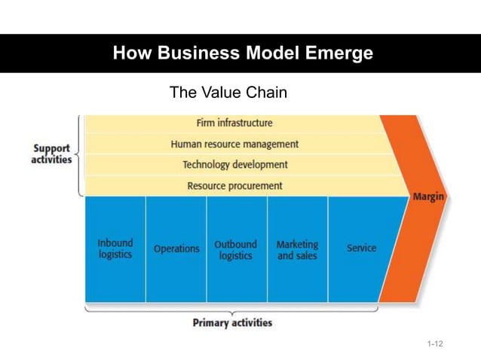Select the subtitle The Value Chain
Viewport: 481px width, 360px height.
tap(228, 93)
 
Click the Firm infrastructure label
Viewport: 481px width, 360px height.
tap(234, 123)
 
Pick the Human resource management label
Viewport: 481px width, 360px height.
tap(234, 144)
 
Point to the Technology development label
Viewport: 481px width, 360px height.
tap(234, 164)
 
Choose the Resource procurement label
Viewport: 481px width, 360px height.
tap(234, 185)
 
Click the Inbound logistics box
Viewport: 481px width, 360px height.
tap(115, 249)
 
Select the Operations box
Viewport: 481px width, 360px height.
tap(176, 249)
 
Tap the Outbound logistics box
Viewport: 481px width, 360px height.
tap(236, 249)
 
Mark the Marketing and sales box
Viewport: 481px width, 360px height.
tap(297, 249)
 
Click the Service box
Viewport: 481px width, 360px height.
tap(361, 248)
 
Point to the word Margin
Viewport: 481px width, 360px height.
tap(427, 197)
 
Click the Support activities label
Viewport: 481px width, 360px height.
tap(51, 154)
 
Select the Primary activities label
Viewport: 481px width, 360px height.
tap(232, 323)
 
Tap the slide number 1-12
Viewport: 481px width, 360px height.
tap(434, 344)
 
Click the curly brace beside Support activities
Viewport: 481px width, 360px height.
tap(79, 155)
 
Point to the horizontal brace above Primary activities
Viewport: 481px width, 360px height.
tap(232, 308)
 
